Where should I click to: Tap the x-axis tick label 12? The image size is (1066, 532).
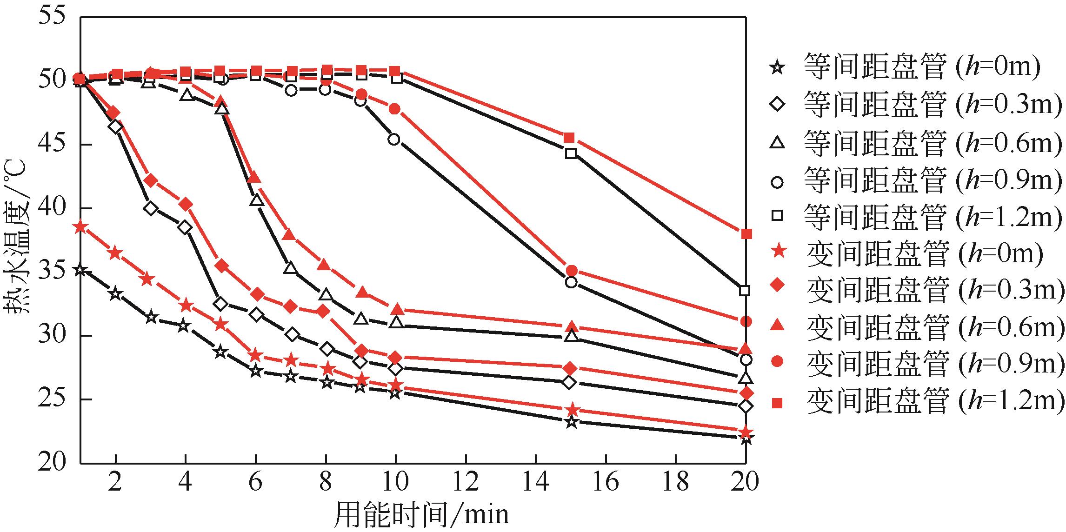466,481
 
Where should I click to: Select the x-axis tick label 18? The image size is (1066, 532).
675,481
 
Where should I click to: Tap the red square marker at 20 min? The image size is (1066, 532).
746,233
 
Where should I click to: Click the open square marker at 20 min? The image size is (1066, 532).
745,291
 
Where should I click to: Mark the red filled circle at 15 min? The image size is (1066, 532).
572,271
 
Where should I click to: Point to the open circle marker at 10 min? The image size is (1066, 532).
394,139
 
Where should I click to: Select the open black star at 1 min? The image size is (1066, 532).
80,270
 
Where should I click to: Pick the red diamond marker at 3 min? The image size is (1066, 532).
151,180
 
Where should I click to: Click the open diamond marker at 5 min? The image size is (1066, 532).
220,304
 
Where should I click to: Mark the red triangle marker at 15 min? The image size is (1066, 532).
572,327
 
